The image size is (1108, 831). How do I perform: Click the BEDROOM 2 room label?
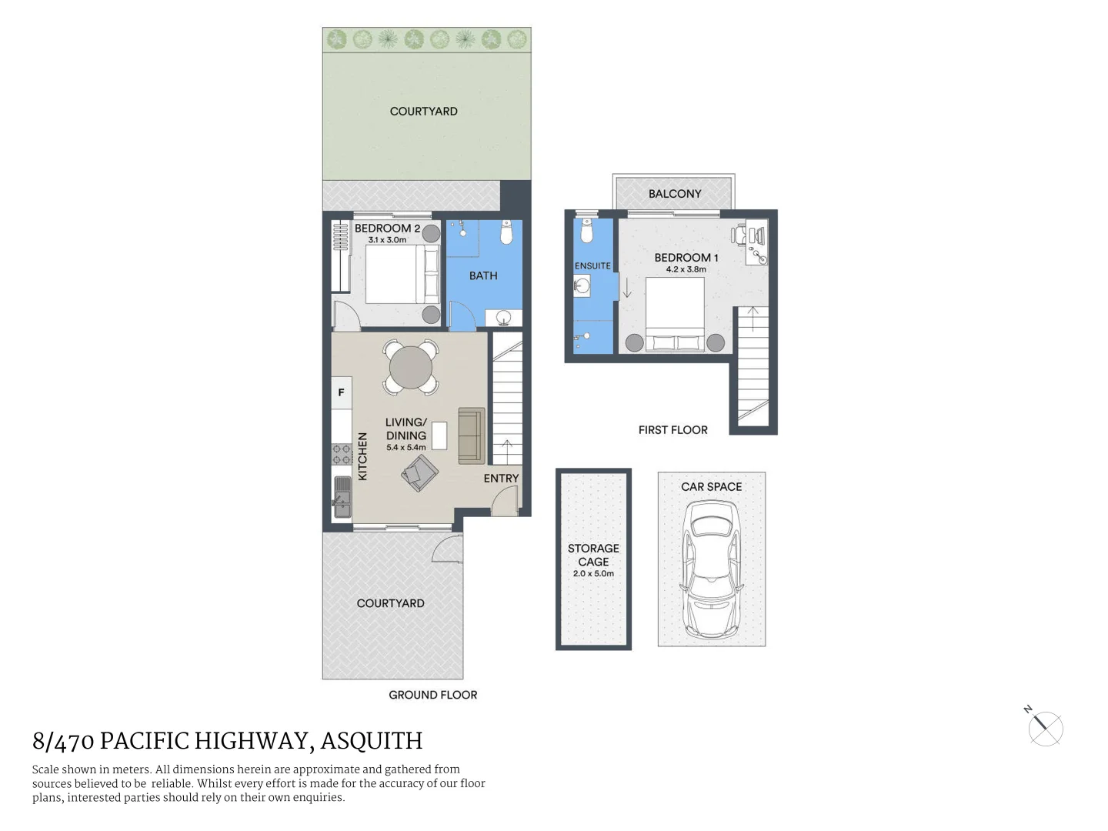click(x=387, y=229)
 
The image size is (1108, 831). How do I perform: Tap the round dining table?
click(x=411, y=368)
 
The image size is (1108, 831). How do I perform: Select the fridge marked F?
click(x=342, y=392)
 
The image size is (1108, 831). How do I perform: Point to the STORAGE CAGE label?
click(x=593, y=555)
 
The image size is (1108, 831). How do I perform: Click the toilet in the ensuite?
click(x=586, y=231)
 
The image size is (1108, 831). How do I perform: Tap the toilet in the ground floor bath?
click(x=506, y=232)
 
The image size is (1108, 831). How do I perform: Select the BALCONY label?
click(x=675, y=194)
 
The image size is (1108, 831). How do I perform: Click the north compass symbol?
click(x=1045, y=728)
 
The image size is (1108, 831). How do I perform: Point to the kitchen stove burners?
click(x=342, y=454)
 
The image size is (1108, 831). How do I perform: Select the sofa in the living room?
click(x=471, y=436)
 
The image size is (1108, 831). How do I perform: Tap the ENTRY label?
click(x=501, y=479)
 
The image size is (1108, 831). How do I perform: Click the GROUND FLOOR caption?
click(x=432, y=695)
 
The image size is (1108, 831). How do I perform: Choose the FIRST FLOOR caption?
click(x=672, y=430)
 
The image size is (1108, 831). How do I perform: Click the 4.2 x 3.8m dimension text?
click(x=686, y=269)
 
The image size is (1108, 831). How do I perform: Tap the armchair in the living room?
click(x=419, y=472)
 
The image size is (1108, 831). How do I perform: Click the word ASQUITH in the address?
click(x=372, y=741)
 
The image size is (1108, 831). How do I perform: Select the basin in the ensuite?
click(x=582, y=286)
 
